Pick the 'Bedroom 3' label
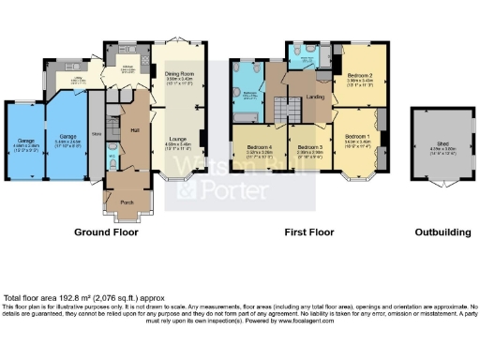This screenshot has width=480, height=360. click(309, 147)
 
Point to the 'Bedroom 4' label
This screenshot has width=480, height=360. click(260, 147)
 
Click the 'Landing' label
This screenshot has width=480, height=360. click(316, 95)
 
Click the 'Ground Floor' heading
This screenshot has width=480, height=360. click(106, 232)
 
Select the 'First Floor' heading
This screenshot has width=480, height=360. click(311, 232)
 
